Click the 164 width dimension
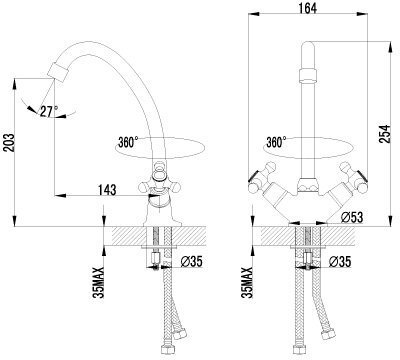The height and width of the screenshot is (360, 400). tap(307, 8)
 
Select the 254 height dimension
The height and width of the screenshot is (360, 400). tap(385, 134)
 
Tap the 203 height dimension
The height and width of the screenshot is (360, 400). tap(9, 143)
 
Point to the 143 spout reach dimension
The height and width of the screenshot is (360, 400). tap(107, 190)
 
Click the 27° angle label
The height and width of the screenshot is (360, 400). tap(49, 111)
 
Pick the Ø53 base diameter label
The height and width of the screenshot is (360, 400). tap(352, 217)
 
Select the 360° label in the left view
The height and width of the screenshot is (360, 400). tap(128, 142)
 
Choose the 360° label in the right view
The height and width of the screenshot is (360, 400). tap(276, 142)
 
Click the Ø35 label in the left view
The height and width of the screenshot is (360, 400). tap(191, 262)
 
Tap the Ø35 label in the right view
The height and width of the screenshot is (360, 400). tap(340, 262)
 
